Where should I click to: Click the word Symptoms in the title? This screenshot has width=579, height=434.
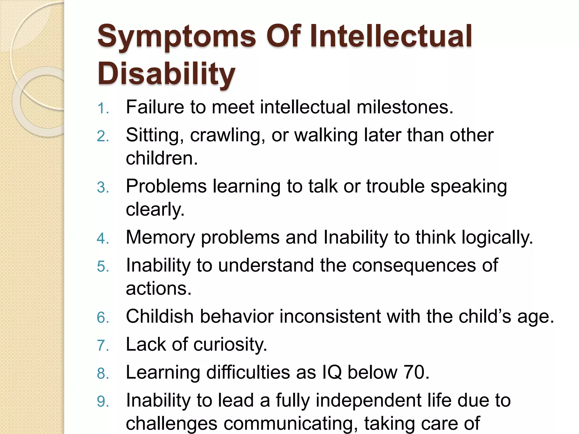[177, 37]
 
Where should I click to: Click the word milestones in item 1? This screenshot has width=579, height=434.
[405, 107]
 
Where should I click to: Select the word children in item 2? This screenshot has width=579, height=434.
[161, 158]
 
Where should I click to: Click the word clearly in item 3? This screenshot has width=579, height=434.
[155, 210]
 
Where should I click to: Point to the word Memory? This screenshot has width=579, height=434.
[160, 238]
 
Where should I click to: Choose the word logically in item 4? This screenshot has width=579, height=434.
[497, 238]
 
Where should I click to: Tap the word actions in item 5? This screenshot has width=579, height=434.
[159, 289]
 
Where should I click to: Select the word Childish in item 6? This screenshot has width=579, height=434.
[159, 316]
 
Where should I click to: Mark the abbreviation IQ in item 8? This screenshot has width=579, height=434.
[332, 372]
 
